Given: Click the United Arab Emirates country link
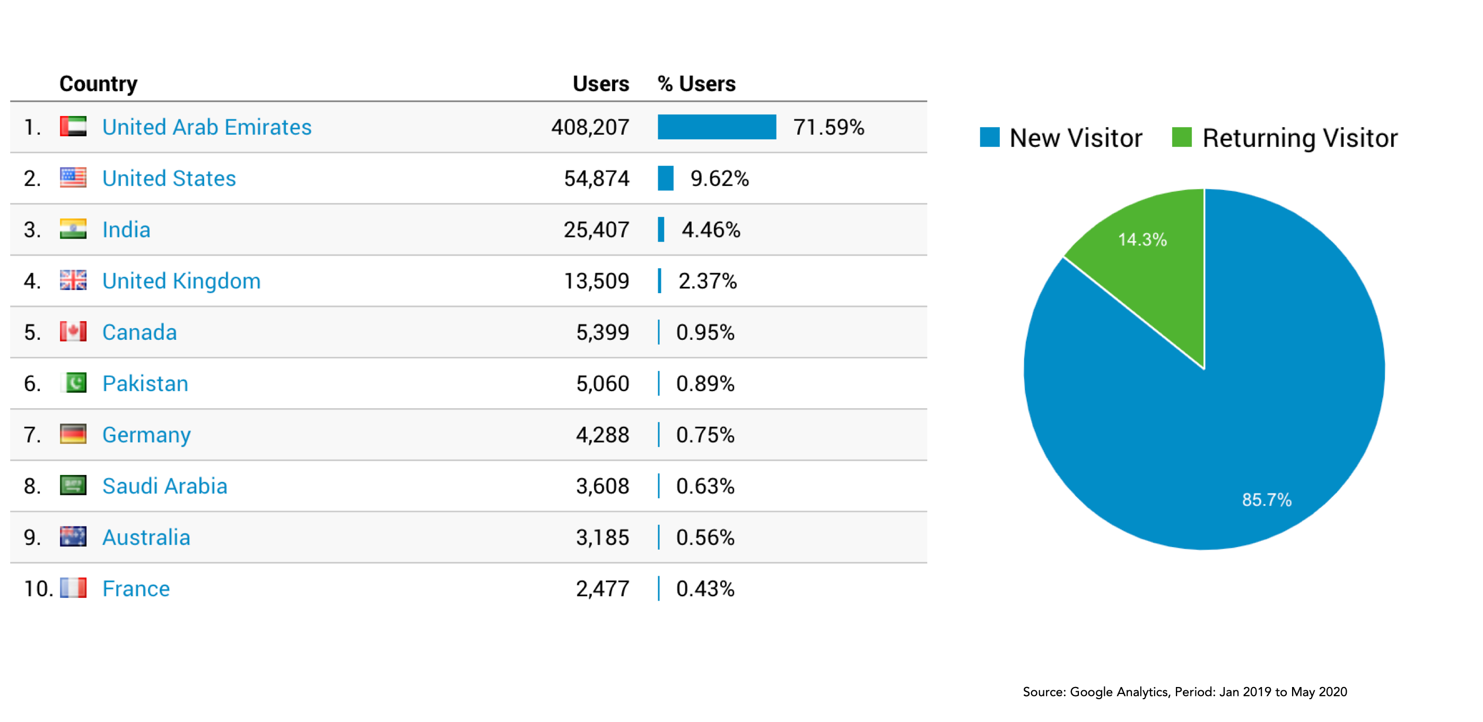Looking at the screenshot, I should (206, 127).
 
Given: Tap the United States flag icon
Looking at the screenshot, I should (73, 178).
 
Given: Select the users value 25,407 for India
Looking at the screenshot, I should (596, 230).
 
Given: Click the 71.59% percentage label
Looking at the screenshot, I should (828, 127).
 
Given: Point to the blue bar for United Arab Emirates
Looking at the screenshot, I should (716, 127).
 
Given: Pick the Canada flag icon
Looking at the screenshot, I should (73, 331).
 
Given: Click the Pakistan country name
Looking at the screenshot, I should (145, 383).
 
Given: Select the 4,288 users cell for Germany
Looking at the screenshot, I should (602, 434).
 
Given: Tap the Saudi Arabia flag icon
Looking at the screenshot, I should (73, 485).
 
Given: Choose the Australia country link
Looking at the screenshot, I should (146, 537).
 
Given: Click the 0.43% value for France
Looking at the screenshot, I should (705, 588).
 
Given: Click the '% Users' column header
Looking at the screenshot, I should (696, 84).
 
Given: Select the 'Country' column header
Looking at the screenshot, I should (99, 84).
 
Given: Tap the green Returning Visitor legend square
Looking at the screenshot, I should (1181, 137).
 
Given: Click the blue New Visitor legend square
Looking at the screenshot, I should (989, 137).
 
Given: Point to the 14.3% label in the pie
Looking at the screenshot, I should (1141, 239).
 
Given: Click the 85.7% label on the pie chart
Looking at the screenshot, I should (1266, 499).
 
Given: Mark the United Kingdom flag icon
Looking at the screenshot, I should (73, 280).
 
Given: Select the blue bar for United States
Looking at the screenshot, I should (666, 178).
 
